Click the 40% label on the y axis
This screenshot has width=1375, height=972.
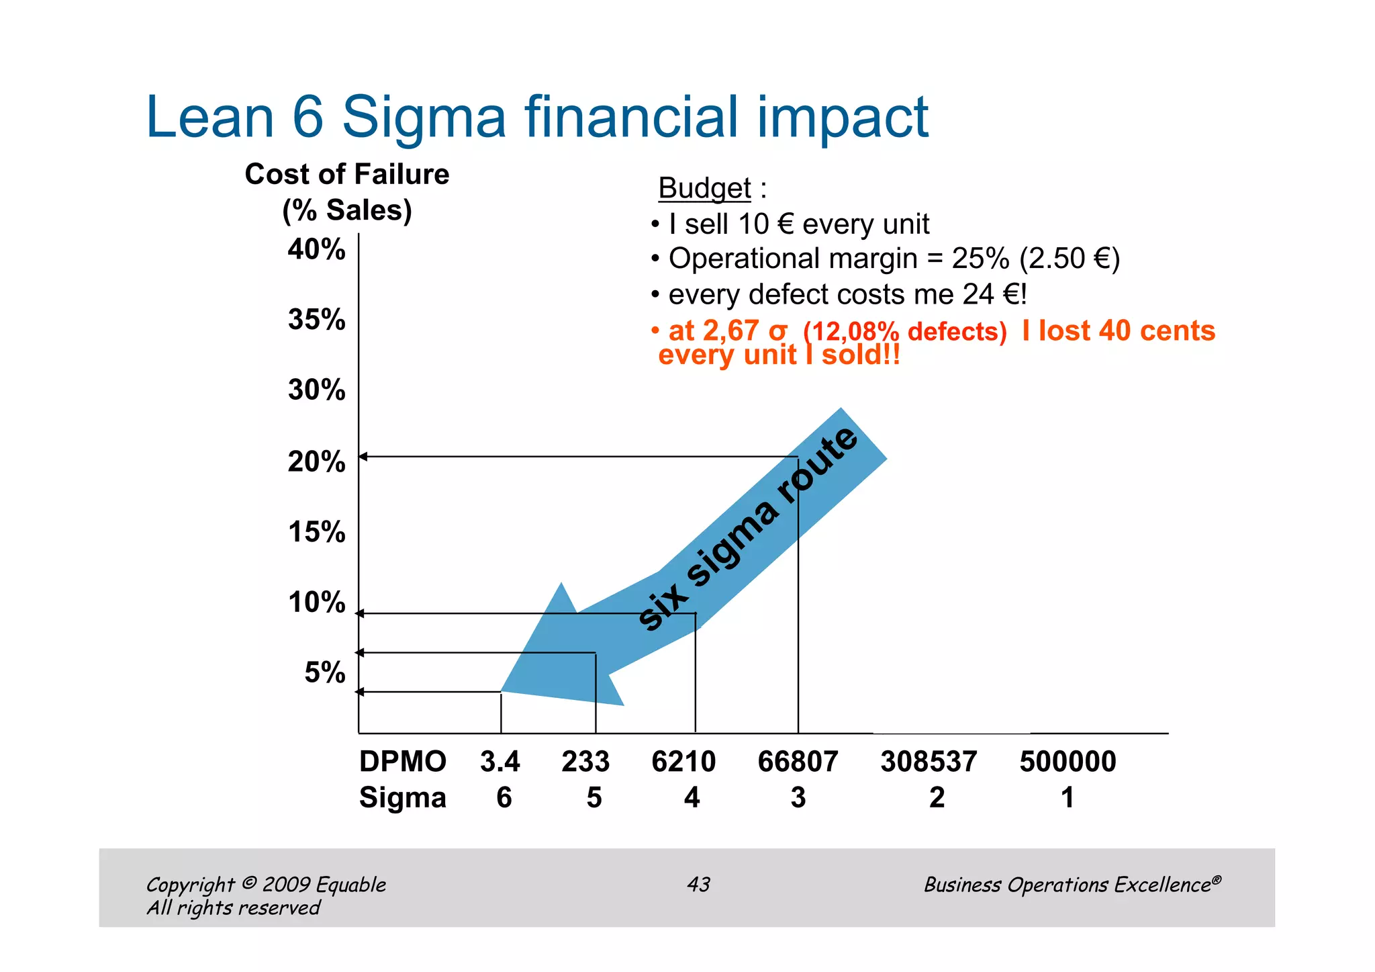tap(316, 249)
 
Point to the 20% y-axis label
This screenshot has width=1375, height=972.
tap(316, 461)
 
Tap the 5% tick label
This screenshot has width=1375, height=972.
tap(325, 672)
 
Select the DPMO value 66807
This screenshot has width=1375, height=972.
tap(798, 762)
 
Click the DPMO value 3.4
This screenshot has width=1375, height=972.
tap(500, 762)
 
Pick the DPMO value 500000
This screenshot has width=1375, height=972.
tap(1068, 762)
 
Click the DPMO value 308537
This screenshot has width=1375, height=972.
tap(929, 762)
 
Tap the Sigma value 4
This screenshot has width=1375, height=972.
tap(692, 797)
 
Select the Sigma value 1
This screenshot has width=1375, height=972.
tap(1068, 797)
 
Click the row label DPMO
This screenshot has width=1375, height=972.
tap(402, 762)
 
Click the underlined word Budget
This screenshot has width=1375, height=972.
tap(704, 188)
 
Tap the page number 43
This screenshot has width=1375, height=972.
tap(698, 884)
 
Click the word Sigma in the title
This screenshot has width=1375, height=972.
tap(424, 118)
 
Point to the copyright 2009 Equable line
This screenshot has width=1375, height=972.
tap(266, 884)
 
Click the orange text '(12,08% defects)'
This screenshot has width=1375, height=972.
tap(904, 332)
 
